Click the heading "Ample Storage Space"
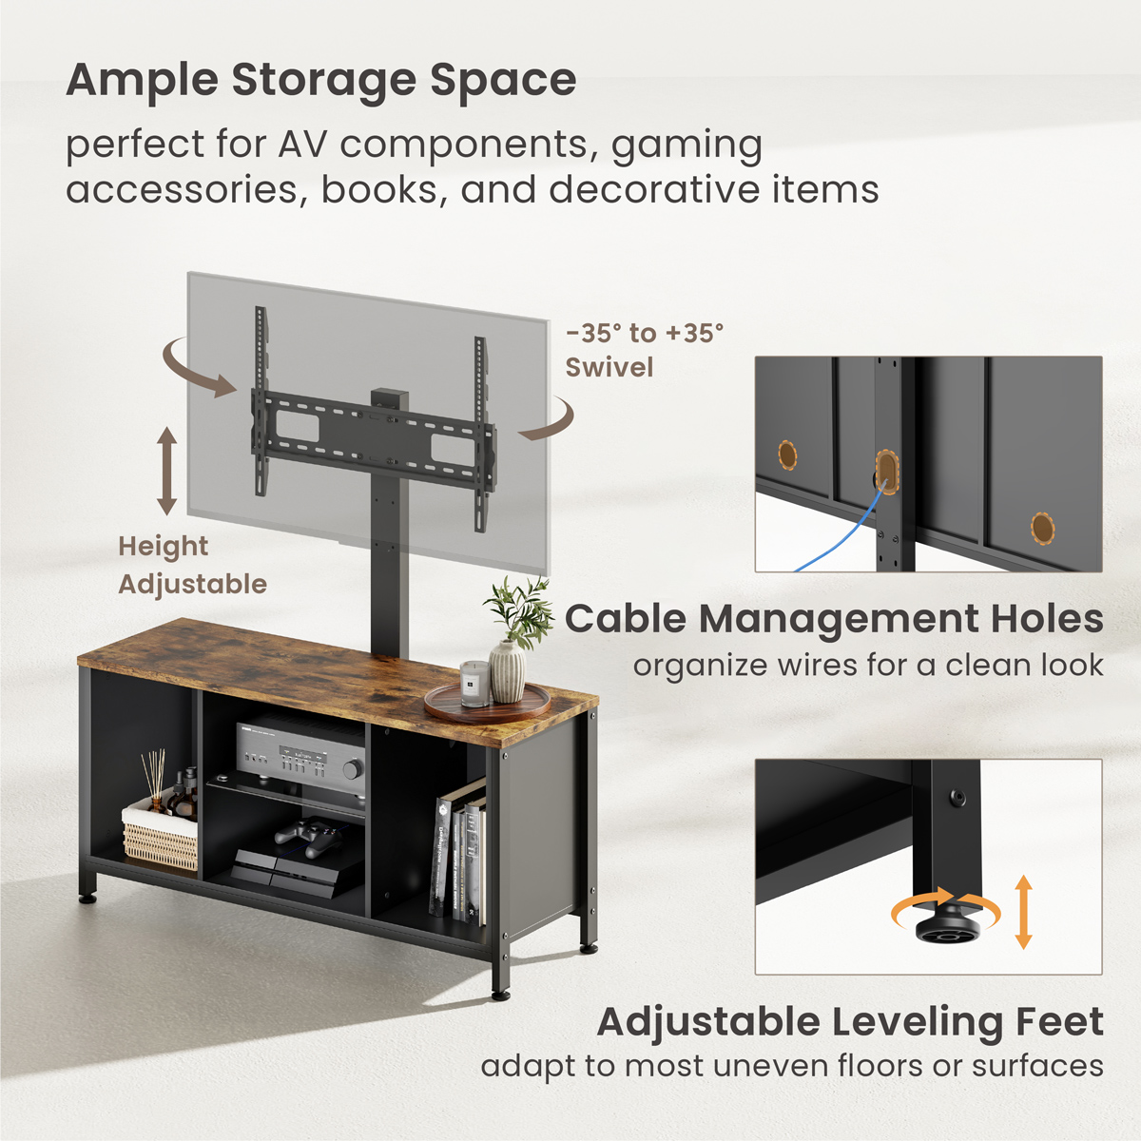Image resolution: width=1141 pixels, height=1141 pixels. point(321,81)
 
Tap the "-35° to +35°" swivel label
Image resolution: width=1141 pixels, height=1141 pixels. point(645,334)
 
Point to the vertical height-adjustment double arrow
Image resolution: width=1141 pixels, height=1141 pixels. point(166,471)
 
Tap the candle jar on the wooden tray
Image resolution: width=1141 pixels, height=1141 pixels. point(474,684)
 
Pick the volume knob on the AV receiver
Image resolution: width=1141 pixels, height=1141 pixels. point(353,769)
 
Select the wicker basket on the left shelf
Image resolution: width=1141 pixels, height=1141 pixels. point(160,834)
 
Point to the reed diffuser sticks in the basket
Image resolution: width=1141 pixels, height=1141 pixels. point(156,773)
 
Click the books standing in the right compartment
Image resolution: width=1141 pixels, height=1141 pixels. point(460,851)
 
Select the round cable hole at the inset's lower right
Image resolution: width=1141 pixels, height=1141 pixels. point(1042,528)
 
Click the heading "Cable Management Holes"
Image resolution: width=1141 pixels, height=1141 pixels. point(834,619)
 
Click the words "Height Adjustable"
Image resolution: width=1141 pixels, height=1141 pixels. point(193,566)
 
